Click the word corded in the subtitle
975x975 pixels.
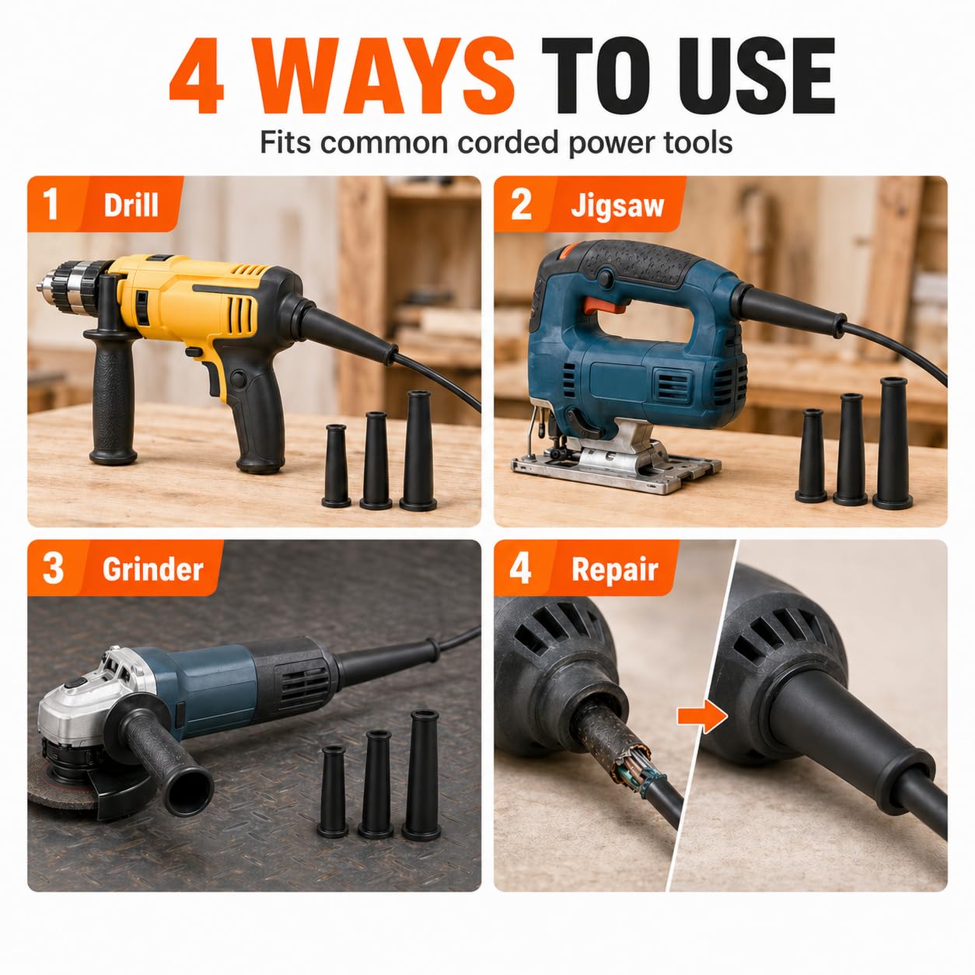point(509,142)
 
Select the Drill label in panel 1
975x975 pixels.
point(131,205)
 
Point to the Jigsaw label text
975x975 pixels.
point(617,207)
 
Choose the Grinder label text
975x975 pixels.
point(153,569)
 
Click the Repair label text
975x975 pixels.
point(614,571)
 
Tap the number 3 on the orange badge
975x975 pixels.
point(53,568)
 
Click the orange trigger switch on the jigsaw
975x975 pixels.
point(607,305)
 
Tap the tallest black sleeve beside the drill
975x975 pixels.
point(418,450)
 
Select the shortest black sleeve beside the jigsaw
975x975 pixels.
point(811,456)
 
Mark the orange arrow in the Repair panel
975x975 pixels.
point(702,716)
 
